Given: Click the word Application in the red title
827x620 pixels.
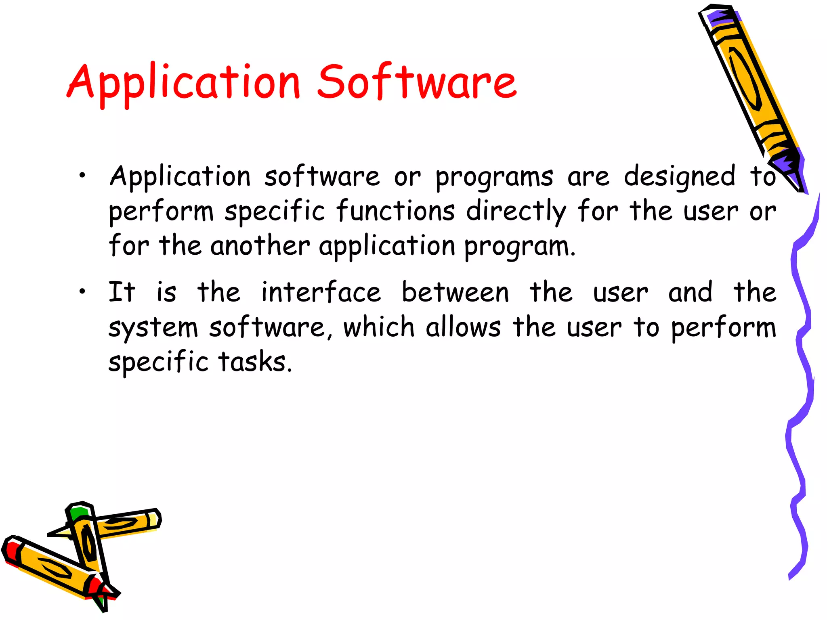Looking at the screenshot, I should tap(184, 83).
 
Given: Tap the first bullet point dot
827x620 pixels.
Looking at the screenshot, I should tap(82, 175).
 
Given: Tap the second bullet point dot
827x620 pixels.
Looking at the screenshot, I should tap(82, 291).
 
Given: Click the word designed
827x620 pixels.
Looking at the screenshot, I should tap(680, 178).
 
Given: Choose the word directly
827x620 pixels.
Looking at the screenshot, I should tap(516, 212).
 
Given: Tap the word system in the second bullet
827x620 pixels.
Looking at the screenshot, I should tap(153, 328).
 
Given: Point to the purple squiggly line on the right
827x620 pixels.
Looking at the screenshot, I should tap(802, 363).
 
